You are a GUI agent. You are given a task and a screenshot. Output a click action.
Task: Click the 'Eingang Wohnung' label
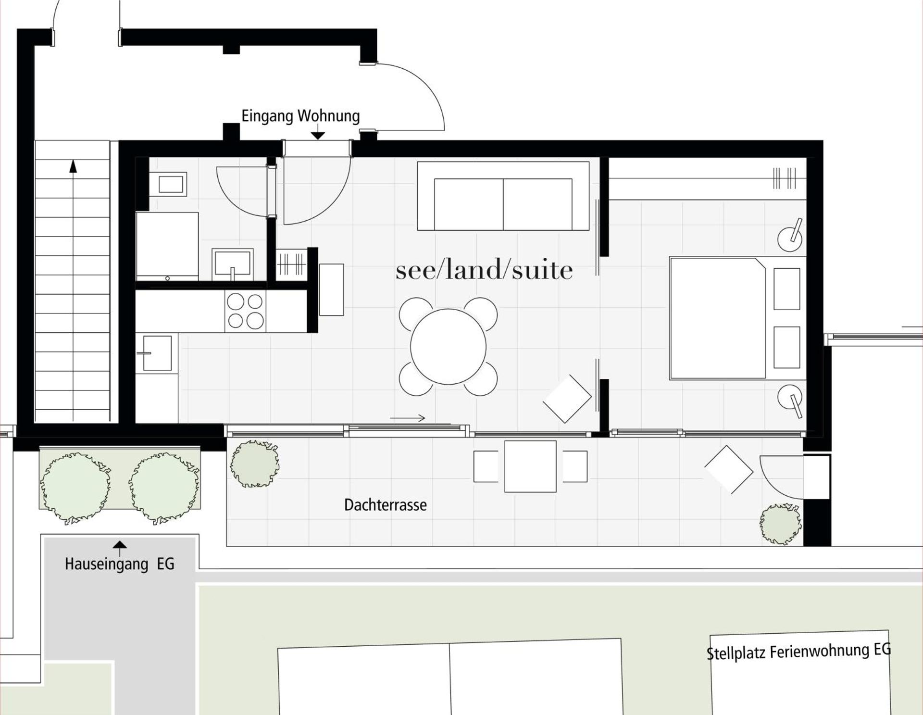pyautogui.click(x=300, y=116)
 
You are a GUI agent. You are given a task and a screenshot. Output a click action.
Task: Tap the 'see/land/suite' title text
pyautogui.click(x=484, y=270)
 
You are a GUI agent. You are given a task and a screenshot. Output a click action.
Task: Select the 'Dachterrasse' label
pyautogui.click(x=385, y=505)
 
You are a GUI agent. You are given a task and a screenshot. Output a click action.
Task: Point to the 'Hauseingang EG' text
pyautogui.click(x=119, y=564)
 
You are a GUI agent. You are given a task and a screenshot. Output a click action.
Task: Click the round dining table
pyautogui.click(x=448, y=347)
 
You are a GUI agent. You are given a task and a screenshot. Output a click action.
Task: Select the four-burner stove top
pyautogui.click(x=245, y=311)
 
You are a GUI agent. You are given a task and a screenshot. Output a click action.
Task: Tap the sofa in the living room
pyautogui.click(x=503, y=196)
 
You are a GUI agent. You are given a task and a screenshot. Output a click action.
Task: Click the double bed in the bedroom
pyautogui.click(x=717, y=318)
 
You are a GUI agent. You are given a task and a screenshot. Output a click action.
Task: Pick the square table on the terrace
pyautogui.click(x=530, y=466)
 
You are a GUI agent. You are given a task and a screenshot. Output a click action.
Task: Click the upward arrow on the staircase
pyautogui.click(x=73, y=166)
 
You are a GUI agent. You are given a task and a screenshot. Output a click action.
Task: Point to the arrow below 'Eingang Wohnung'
pyautogui.click(x=318, y=136)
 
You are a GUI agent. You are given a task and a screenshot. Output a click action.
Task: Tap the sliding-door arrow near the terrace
pyautogui.click(x=408, y=418)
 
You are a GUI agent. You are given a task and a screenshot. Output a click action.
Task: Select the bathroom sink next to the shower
pyautogui.click(x=233, y=263)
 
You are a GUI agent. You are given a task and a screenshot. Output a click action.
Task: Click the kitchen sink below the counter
pyautogui.click(x=157, y=353)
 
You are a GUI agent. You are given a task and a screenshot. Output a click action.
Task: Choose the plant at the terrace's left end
pyautogui.click(x=254, y=464)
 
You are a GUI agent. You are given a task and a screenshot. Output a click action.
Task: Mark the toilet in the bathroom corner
pyautogui.click(x=170, y=184)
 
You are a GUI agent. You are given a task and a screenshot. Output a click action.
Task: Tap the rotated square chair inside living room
pyautogui.click(x=567, y=399)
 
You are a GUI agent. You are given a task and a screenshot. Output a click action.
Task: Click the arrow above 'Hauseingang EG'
pyautogui.click(x=120, y=546)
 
